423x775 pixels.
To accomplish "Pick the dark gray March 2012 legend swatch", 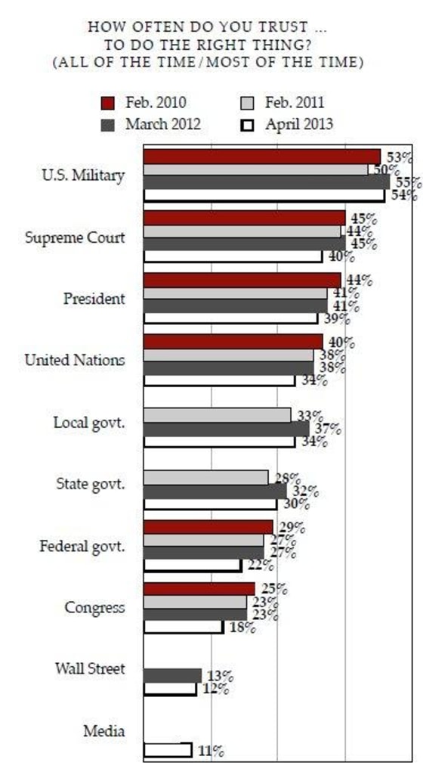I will click(108, 125).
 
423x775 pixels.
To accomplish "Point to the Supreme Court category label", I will click(75, 237).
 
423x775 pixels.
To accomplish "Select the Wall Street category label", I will click(90, 669).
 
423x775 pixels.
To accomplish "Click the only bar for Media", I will click(167, 749).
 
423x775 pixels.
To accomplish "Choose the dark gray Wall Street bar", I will click(172, 675).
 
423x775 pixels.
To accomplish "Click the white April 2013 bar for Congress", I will click(183, 627).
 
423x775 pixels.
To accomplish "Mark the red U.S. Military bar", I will click(261, 157).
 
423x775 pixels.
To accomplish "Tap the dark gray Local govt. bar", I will click(226, 429).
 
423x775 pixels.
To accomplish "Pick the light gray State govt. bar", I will click(205, 477).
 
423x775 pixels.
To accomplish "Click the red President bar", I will click(242, 281).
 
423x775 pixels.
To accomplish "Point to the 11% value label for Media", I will click(210, 751).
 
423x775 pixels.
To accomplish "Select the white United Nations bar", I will click(219, 380).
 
